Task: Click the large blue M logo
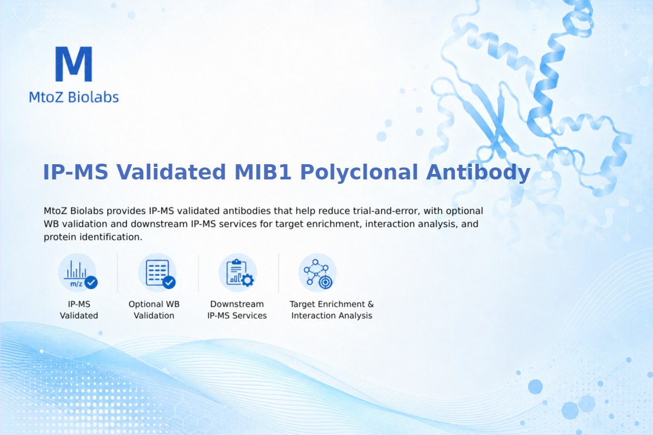click(74, 64)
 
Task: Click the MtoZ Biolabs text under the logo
click(74, 97)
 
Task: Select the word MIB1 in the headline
click(263, 172)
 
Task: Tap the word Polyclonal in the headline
click(360, 173)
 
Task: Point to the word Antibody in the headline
click(478, 173)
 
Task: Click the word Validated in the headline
click(171, 172)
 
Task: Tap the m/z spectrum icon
click(77, 274)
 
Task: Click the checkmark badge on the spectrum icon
click(91, 282)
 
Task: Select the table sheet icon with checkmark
click(157, 274)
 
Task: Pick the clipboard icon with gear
click(238, 273)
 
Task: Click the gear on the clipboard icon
click(248, 280)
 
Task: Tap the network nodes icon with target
click(317, 273)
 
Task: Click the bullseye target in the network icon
click(325, 282)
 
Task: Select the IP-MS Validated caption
click(79, 310)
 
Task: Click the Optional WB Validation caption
click(154, 310)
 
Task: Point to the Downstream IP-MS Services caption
click(237, 310)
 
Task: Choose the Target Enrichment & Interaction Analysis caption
click(332, 310)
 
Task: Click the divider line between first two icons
click(118, 273)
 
